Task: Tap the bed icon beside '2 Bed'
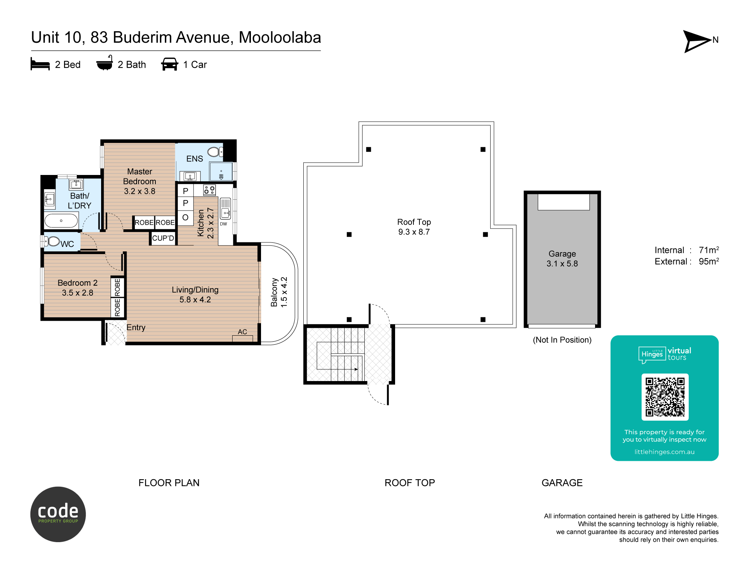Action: coord(40,64)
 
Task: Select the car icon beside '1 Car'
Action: coord(170,64)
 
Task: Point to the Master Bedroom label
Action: coord(140,181)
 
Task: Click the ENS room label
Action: coord(195,159)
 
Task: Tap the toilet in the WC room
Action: coord(53,241)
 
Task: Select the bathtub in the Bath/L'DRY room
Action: coord(61,221)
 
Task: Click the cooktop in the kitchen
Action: coord(210,190)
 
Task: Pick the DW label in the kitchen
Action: coord(224,224)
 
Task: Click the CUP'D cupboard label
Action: coord(163,238)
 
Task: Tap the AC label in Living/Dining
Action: coord(242,332)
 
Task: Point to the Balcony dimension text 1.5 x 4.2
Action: coord(284,292)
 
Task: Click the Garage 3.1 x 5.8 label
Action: coord(562,259)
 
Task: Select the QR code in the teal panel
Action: coord(665,397)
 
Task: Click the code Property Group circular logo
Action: coord(58,514)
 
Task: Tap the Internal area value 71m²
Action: coord(709,250)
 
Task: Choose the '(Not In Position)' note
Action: coord(562,340)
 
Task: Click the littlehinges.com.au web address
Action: coord(664,452)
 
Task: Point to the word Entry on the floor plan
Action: coord(136,328)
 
